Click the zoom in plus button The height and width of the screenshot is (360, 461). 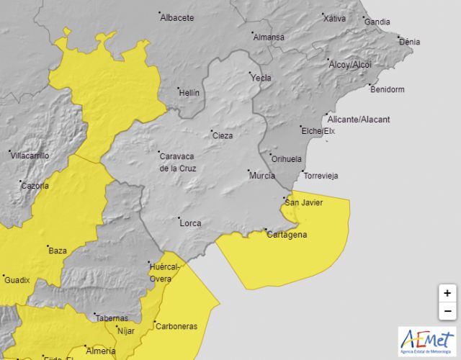[447, 293]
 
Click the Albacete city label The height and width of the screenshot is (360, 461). [177, 18]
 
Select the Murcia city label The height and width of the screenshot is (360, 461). [262, 176]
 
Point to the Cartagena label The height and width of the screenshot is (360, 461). [287, 235]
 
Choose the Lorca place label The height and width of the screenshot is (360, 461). [190, 223]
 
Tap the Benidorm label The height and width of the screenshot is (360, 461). [387, 90]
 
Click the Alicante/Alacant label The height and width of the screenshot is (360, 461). [358, 120]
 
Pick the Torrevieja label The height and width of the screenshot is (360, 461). [321, 176]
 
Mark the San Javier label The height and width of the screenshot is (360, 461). [305, 202]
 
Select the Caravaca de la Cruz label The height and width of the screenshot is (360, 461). [178, 161]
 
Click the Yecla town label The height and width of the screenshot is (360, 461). [261, 77]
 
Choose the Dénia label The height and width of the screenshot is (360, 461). [409, 42]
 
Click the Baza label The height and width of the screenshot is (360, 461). [58, 251]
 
